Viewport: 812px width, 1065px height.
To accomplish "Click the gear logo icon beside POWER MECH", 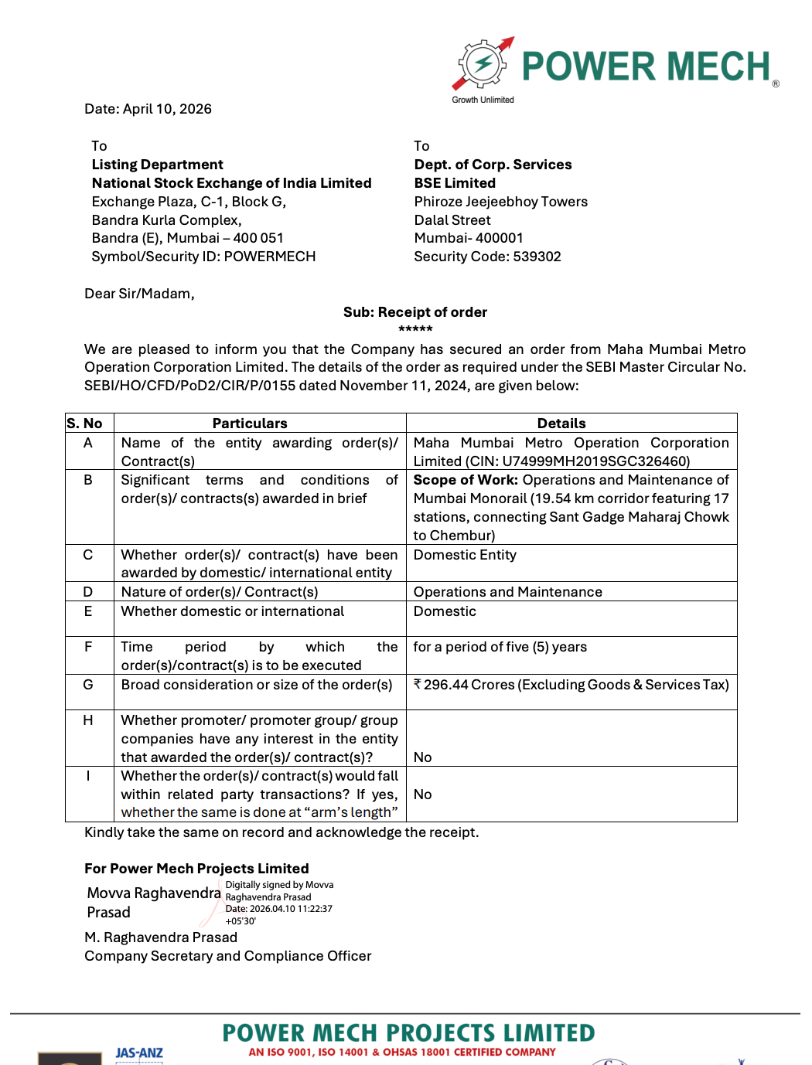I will (x=483, y=65).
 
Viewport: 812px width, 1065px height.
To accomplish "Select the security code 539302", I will (x=533, y=257).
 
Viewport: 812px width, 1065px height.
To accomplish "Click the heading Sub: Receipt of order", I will (x=415, y=312).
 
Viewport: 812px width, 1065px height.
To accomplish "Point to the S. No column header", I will (x=85, y=424).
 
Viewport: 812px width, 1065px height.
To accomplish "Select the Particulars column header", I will (x=250, y=424).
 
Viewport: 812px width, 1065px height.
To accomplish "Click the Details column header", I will (x=561, y=424).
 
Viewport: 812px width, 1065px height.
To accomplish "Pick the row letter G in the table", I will (x=88, y=685).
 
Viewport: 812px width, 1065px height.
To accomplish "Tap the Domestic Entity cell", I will (x=465, y=555).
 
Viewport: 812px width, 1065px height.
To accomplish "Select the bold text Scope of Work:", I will (x=466, y=480).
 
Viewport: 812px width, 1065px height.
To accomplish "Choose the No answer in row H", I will (x=423, y=757).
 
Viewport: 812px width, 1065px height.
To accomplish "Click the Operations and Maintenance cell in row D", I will (x=507, y=592).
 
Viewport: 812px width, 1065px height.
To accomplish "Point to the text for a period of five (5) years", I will (x=500, y=647).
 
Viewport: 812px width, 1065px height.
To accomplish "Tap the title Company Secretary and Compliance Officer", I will (x=228, y=956).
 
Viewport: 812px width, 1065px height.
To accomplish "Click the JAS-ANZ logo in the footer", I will (x=139, y=1053).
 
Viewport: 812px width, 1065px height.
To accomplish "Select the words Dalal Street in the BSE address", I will (x=452, y=220).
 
